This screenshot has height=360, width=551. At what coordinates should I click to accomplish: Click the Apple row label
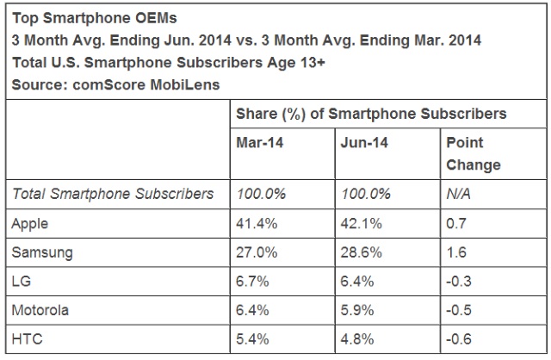30,224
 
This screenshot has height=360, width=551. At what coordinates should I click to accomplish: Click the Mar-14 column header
259,143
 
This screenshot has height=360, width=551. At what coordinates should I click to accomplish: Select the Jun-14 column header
364,143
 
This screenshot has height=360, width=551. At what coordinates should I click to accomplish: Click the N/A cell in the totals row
459,194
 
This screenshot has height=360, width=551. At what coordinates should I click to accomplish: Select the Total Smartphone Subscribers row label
113,194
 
